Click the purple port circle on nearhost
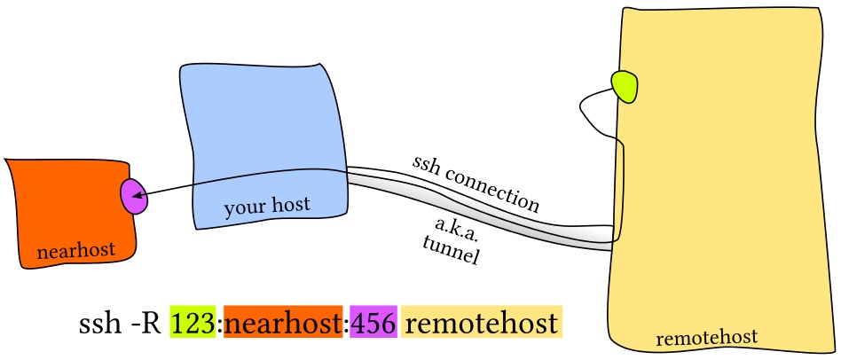click(134, 196)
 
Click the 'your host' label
click(266, 207)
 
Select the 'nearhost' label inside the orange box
click(76, 252)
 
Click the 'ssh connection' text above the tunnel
click(476, 184)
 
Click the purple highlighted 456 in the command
click(373, 323)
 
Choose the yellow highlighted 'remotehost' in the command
click(482, 323)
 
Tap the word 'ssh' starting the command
click(98, 323)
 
